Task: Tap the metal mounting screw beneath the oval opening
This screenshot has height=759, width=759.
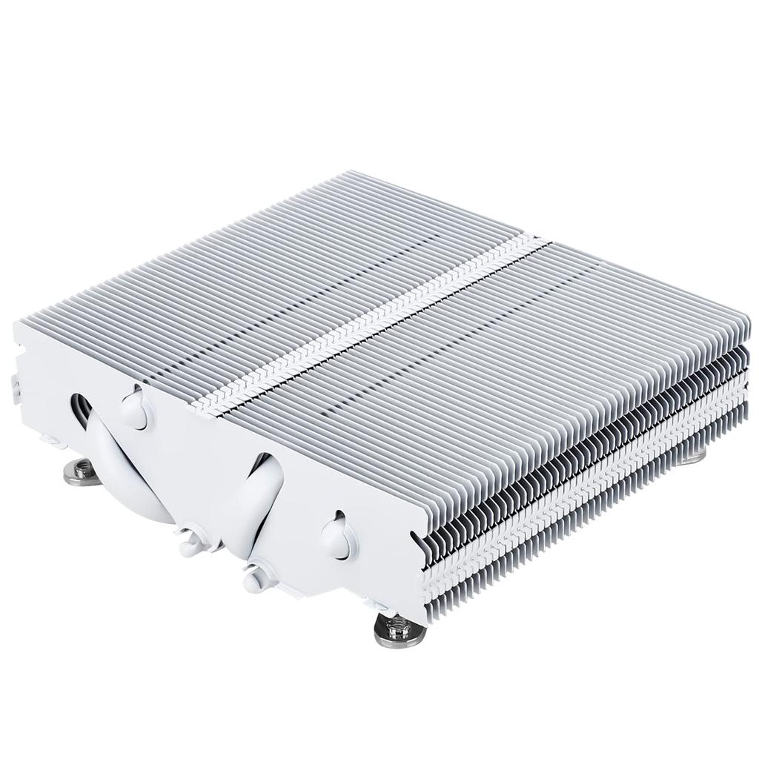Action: click(82, 472)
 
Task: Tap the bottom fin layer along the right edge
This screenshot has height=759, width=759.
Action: click(593, 519)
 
